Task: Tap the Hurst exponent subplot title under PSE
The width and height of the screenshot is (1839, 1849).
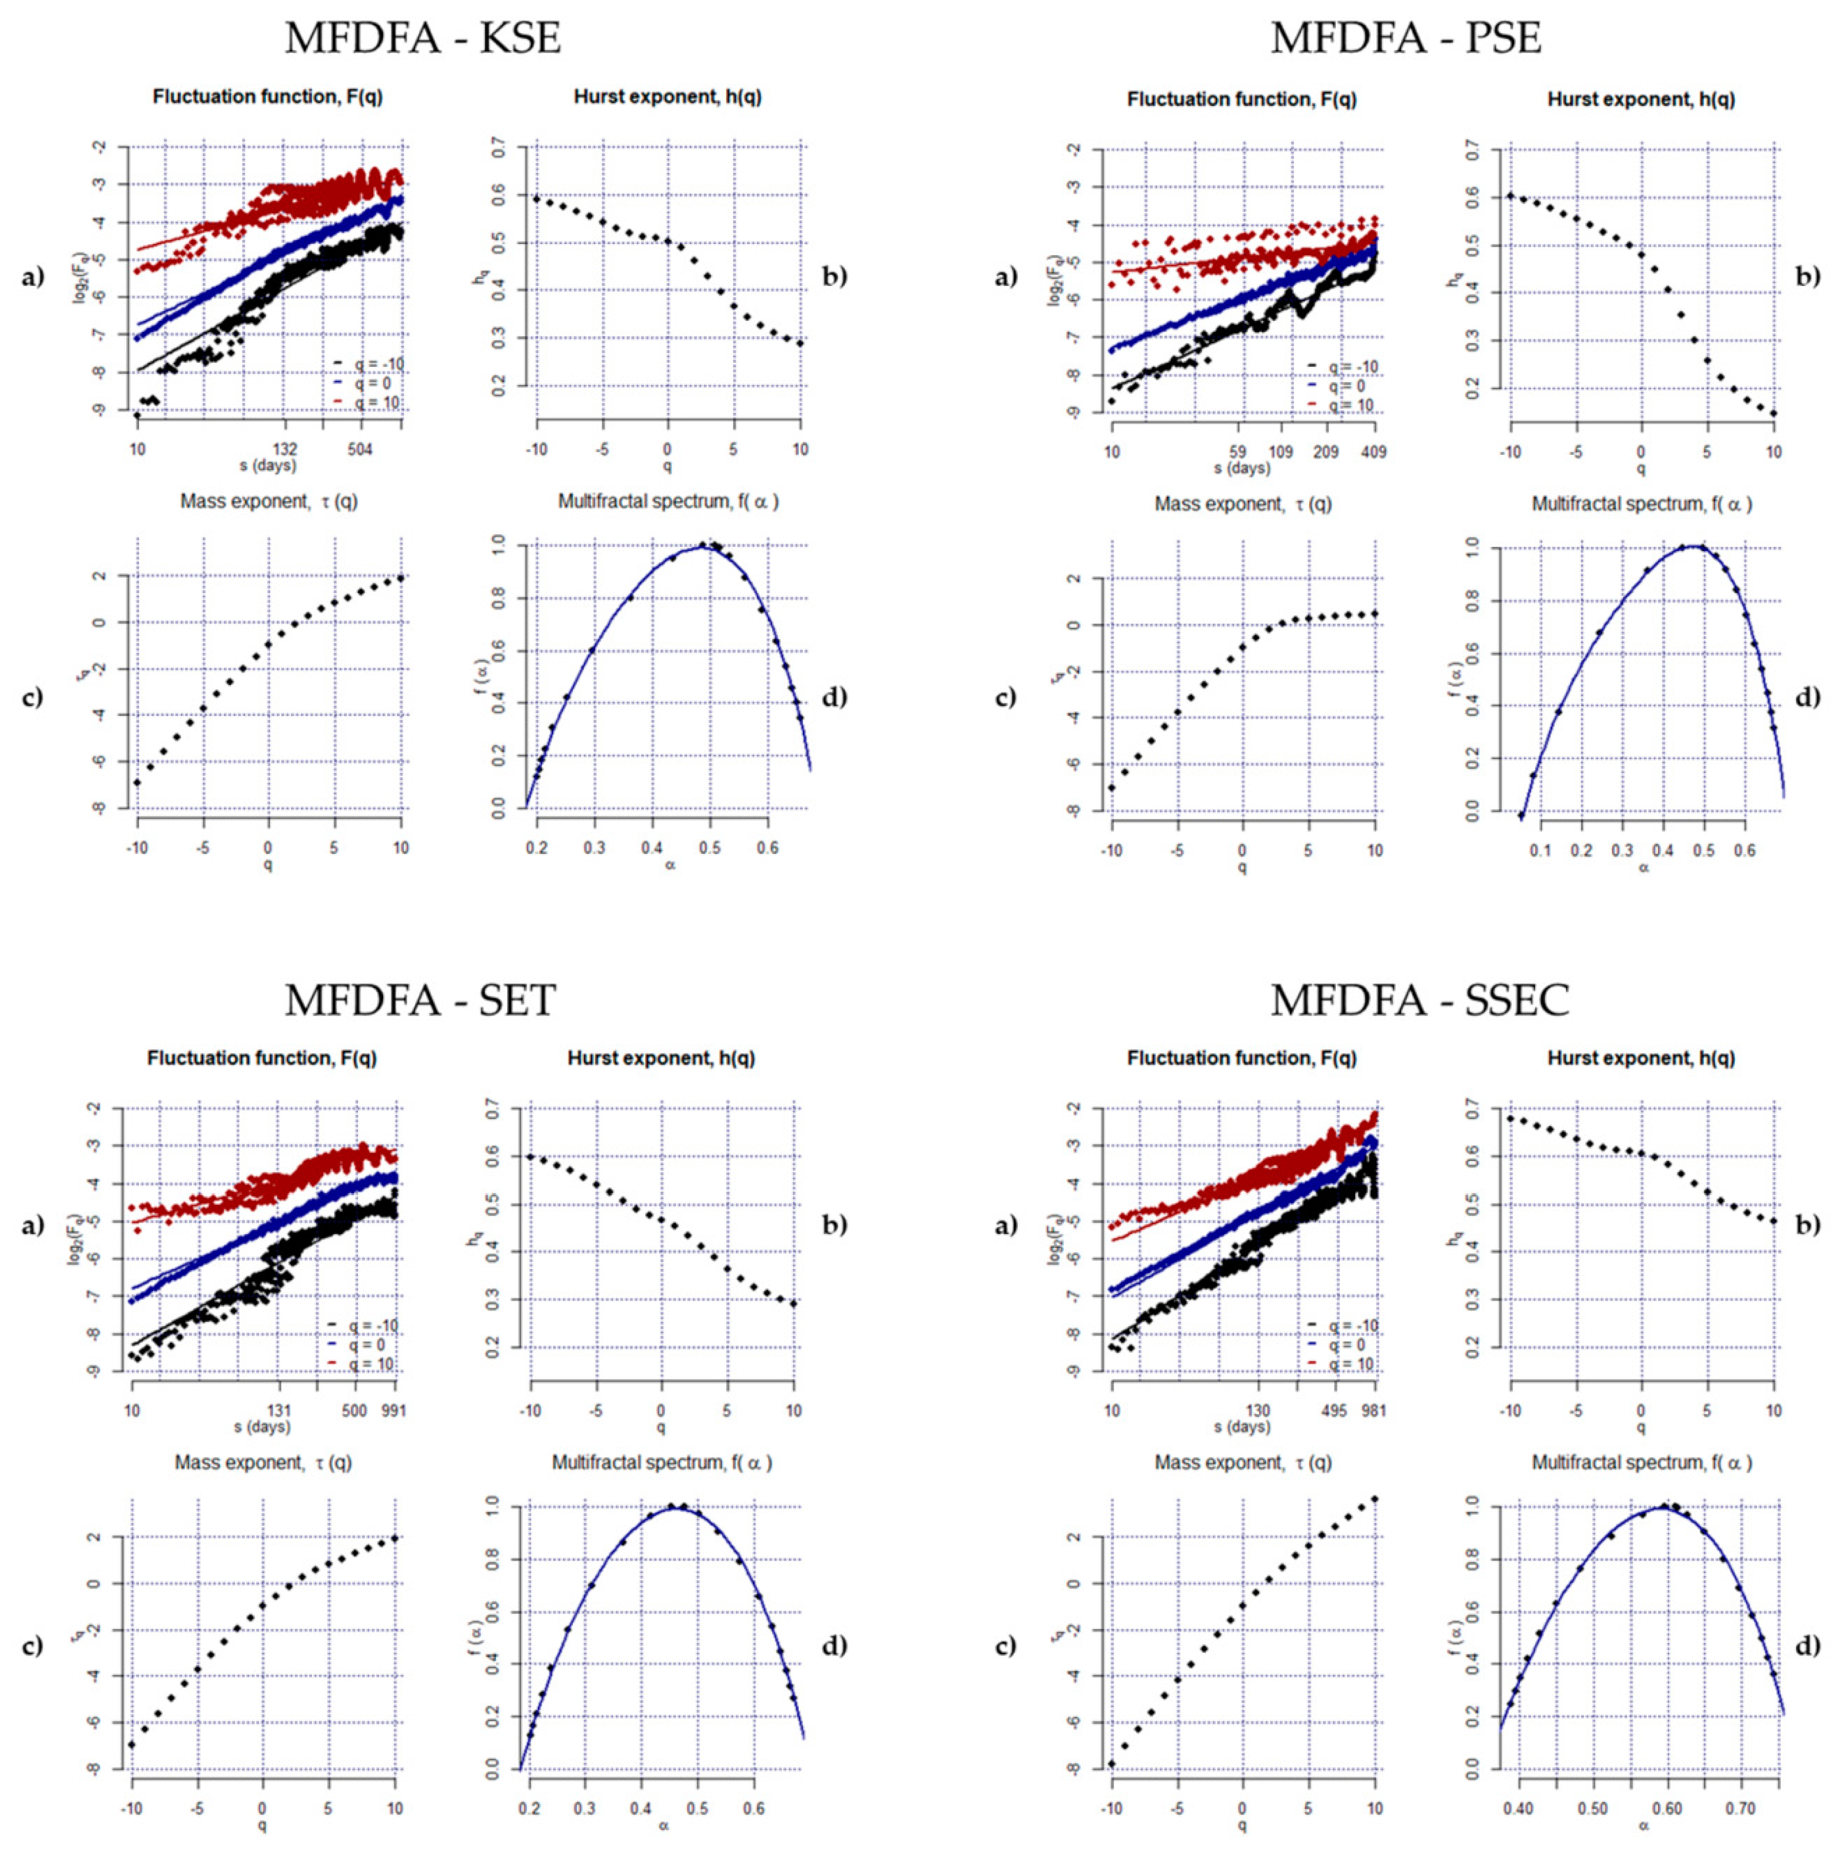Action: [x=1641, y=100]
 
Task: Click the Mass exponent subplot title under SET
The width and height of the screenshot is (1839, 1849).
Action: [x=263, y=1462]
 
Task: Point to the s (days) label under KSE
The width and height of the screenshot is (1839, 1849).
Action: [x=268, y=465]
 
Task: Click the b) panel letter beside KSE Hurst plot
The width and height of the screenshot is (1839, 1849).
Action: [x=834, y=277]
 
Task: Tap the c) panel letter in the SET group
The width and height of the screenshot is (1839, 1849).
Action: [x=33, y=1645]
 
